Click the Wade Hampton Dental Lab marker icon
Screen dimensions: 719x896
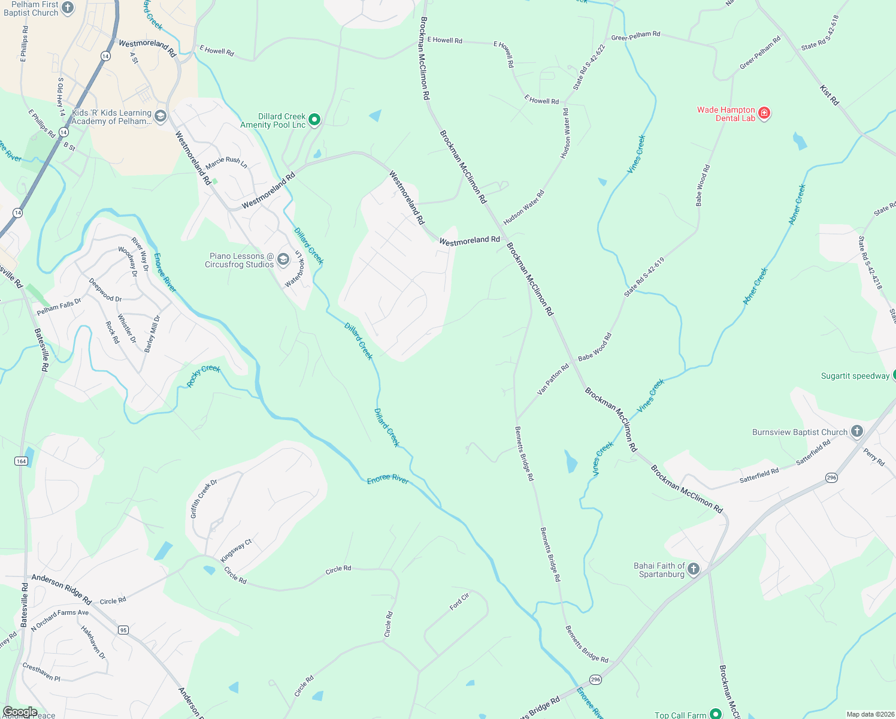point(764,113)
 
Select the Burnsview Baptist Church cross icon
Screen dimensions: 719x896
point(857,431)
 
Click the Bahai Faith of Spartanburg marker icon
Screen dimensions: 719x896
point(694,569)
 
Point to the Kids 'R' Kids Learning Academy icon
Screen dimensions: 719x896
point(160,116)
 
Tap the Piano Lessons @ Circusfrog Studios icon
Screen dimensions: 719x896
point(283,259)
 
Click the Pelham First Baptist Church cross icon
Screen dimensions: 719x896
point(68,8)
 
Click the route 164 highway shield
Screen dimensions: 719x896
point(22,461)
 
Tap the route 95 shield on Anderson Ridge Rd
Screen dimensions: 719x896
point(123,630)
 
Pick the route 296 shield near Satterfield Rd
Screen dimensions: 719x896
point(831,478)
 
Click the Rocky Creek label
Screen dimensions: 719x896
point(204,376)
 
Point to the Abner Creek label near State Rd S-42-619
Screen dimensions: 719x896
point(755,286)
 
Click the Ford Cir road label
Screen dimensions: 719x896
point(459,601)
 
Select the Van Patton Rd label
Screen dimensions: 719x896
point(553,379)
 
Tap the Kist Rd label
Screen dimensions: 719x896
point(830,95)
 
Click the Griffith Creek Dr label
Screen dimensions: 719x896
point(204,499)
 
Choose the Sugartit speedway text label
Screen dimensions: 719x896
point(855,376)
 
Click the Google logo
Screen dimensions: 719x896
point(20,712)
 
